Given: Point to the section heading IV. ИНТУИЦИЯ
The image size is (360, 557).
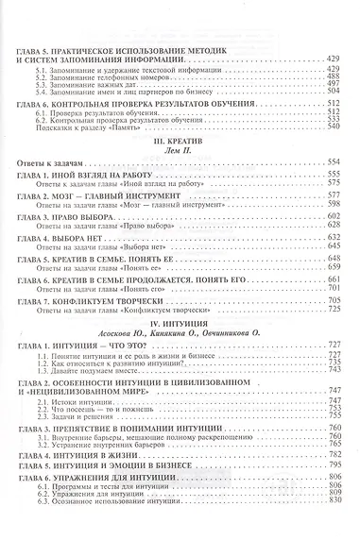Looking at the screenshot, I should point(180,324).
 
